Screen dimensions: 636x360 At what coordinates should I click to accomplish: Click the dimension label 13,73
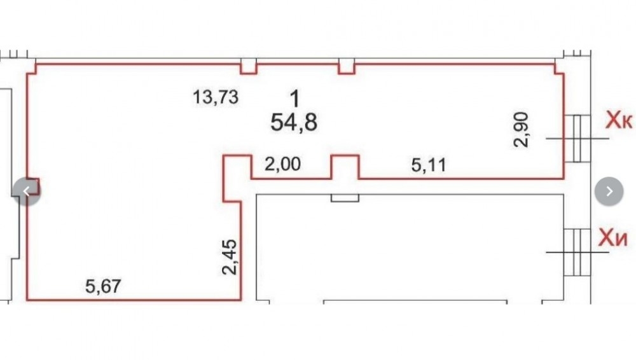click(x=216, y=97)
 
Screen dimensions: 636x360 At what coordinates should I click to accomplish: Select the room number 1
click(x=295, y=99)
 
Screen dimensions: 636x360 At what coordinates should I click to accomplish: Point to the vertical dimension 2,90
click(x=522, y=130)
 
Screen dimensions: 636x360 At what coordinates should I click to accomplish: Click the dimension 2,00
click(x=283, y=164)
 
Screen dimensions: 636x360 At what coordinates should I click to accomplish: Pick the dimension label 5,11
click(x=429, y=165)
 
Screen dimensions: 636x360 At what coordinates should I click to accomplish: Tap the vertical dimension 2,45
click(x=230, y=257)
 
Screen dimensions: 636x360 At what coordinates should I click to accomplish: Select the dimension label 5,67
click(x=103, y=286)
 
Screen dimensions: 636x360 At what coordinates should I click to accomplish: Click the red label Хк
click(x=619, y=121)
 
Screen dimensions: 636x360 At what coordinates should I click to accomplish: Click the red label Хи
click(x=613, y=239)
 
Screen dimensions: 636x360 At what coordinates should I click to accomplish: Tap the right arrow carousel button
click(x=609, y=191)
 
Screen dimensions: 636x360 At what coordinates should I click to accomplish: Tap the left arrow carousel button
click(x=27, y=191)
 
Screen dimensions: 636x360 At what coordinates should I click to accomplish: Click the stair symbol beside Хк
click(x=577, y=139)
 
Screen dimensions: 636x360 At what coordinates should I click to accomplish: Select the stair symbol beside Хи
click(x=577, y=252)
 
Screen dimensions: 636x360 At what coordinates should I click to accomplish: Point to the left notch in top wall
click(x=249, y=66)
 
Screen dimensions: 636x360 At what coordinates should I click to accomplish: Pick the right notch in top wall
click(x=347, y=66)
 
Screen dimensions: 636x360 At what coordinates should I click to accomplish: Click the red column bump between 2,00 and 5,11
click(x=345, y=167)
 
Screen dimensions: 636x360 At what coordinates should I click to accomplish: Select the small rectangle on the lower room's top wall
click(x=345, y=198)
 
